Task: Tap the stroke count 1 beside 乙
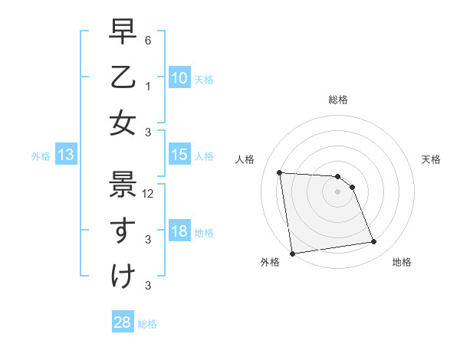(x=147, y=87)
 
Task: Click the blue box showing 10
(x=179, y=77)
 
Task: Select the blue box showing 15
(x=179, y=155)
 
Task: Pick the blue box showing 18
(x=179, y=232)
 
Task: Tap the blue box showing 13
(x=65, y=155)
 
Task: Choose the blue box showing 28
(x=122, y=322)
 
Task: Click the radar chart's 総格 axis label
(x=338, y=100)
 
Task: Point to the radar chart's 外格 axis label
(x=269, y=262)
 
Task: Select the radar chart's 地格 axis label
(x=402, y=262)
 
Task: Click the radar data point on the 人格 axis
(x=279, y=172)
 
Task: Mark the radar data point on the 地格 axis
(x=373, y=242)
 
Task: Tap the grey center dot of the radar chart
(x=337, y=191)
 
